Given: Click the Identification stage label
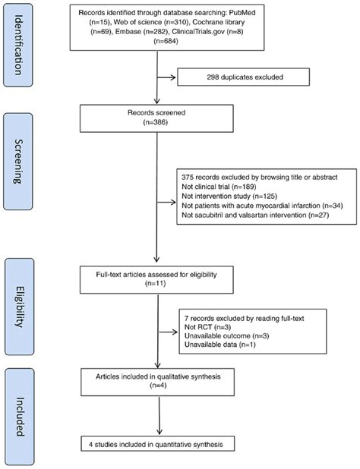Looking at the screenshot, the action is click(x=18, y=46).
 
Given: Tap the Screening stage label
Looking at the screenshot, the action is click(x=18, y=162).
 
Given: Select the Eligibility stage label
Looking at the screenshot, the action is click(x=19, y=307).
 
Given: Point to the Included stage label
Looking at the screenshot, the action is click(x=20, y=417).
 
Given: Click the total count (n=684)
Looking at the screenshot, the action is click(x=166, y=41).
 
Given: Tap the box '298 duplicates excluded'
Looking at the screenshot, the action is click(x=243, y=77).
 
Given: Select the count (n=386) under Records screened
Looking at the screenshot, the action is click(x=156, y=122).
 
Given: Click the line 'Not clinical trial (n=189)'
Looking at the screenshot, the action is click(x=219, y=187).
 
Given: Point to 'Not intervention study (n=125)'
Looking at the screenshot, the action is click(x=229, y=197).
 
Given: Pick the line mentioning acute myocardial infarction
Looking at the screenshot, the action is click(x=263, y=206).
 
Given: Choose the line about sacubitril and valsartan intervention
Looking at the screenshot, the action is click(x=255, y=215).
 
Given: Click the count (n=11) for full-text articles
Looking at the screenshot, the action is click(x=156, y=283).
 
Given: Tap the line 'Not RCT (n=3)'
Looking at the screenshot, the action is click(x=207, y=327).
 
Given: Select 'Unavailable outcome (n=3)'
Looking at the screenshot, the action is click(x=227, y=336).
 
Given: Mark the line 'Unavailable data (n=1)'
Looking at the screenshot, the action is click(x=220, y=345).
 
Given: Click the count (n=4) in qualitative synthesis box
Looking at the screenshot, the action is click(x=158, y=386).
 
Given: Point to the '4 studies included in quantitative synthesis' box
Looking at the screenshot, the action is click(x=158, y=444).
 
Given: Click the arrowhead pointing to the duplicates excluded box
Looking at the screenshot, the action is click(x=173, y=77).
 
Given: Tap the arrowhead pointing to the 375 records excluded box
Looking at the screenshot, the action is click(x=172, y=203).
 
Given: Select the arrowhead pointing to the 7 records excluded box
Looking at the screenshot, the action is click(x=175, y=332).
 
